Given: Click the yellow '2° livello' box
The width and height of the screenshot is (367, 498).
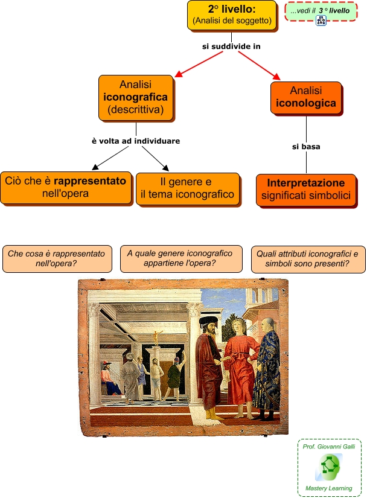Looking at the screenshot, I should (232, 15).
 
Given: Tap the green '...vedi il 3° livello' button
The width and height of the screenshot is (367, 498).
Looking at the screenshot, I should (320, 11).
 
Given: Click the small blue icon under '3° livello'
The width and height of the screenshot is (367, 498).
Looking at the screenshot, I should (321, 21).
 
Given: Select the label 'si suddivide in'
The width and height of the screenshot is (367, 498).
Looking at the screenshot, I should (232, 46).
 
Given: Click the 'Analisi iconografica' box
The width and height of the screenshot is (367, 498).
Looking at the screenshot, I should (135, 97).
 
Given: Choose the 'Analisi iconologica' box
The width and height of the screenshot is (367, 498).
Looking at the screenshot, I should (305, 97).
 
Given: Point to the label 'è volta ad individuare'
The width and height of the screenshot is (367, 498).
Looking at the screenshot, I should (136, 141).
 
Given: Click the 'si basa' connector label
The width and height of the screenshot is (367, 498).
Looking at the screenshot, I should (306, 146).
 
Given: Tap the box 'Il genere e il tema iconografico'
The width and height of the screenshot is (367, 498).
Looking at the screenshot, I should (188, 188).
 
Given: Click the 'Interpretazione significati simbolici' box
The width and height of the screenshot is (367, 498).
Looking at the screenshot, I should (305, 190).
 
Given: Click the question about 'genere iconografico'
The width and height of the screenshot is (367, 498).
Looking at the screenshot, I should (180, 258).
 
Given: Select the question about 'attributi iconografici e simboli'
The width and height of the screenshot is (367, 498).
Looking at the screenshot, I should (307, 258).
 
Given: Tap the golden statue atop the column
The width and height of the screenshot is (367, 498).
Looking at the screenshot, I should (158, 336).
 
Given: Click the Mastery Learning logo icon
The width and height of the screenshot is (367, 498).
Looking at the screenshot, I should (329, 466).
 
